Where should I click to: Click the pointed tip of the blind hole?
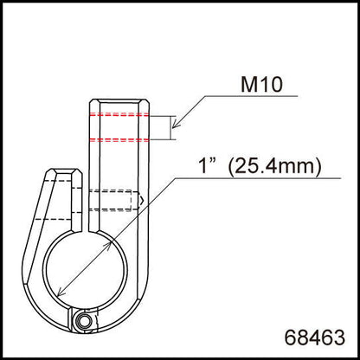tap(138, 201)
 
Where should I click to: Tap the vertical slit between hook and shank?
tap(88, 212)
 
